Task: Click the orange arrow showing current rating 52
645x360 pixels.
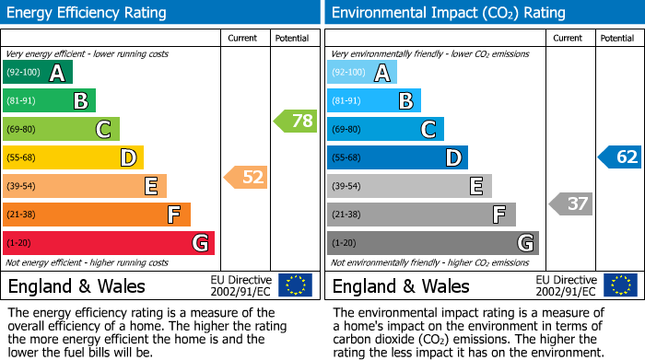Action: (246, 177)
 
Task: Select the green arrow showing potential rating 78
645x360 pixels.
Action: (295, 121)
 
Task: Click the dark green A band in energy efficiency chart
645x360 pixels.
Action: (38, 73)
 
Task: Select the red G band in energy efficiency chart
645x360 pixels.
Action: (109, 243)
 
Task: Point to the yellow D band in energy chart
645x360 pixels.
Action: (74, 157)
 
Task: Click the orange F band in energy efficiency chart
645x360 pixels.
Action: (97, 215)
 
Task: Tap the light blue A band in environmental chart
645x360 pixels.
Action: (362, 73)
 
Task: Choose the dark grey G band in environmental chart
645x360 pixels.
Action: (433, 243)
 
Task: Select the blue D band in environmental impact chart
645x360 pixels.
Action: (397, 157)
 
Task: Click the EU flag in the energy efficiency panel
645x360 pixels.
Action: (295, 285)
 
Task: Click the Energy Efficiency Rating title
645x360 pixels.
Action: (88, 13)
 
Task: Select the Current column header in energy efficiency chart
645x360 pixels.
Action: (242, 38)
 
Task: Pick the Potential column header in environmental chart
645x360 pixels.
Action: (616, 38)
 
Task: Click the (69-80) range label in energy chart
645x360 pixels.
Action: (22, 130)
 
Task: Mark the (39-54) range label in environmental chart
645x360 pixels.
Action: (346, 187)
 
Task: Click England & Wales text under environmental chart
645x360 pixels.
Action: (401, 285)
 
